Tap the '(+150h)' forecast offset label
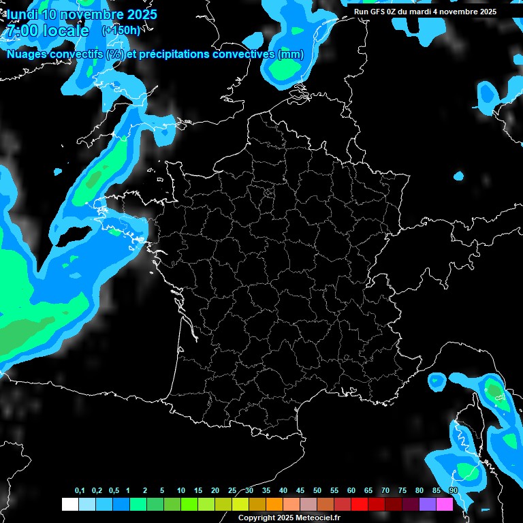pyautogui.click(x=121, y=31)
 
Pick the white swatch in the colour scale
pyautogui.click(x=69, y=504)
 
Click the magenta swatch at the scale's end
pyautogui.click(x=445, y=504)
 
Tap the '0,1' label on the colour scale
pyautogui.click(x=80, y=491)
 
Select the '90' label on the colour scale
pyautogui.click(x=454, y=491)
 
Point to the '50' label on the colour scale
pyautogui.click(x=317, y=491)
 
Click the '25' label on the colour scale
pyautogui.click(x=232, y=491)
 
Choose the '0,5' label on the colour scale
pyautogui.click(x=114, y=491)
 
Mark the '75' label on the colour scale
pyautogui.click(x=402, y=491)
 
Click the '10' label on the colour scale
pyautogui.click(x=181, y=491)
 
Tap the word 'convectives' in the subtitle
pyautogui.click(x=238, y=54)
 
